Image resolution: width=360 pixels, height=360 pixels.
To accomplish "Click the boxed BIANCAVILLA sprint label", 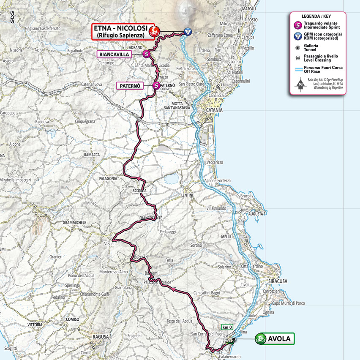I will click(120, 54).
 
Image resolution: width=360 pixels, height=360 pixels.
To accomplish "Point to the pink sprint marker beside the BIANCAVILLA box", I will click(146, 54).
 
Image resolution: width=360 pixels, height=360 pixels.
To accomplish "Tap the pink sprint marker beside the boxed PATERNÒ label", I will click(156, 86).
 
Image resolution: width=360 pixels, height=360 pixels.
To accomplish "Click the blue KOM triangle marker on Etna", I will click(188, 31).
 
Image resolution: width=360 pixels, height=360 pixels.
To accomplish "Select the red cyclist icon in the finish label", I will click(155, 31).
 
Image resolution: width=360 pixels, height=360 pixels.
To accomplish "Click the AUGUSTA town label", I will click(256, 214).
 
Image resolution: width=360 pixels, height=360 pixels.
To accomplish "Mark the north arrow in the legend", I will click(300, 84).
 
